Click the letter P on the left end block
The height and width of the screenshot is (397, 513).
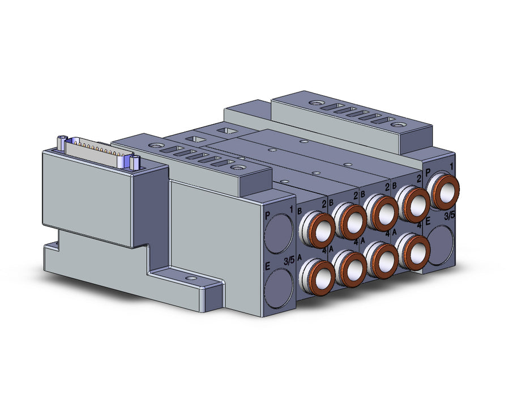[268, 216]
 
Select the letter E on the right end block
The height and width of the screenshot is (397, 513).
[427, 222]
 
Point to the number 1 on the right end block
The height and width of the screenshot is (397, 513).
[451, 167]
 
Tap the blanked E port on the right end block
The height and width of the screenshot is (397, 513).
[441, 245]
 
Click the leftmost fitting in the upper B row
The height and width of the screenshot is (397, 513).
[317, 229]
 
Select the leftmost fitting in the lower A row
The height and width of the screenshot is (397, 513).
[317, 274]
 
